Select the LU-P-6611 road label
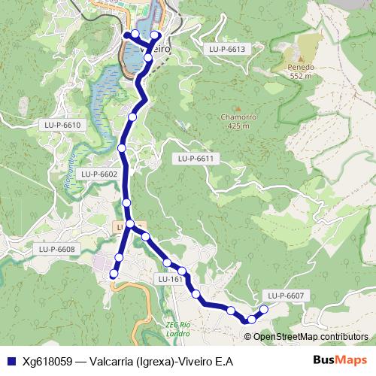pos(196,159)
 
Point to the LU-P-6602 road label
pos(99,174)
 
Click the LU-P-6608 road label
pos(56,249)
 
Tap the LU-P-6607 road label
pos(285,296)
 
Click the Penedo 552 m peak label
pos(299,71)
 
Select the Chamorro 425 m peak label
pos(239,121)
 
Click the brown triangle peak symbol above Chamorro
pos(239,108)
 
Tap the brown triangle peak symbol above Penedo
pos(300,57)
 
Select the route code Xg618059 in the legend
pos(49,362)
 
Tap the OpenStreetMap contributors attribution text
pos(311,337)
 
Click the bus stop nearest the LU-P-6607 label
pos(264,310)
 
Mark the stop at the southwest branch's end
pos(114,274)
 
